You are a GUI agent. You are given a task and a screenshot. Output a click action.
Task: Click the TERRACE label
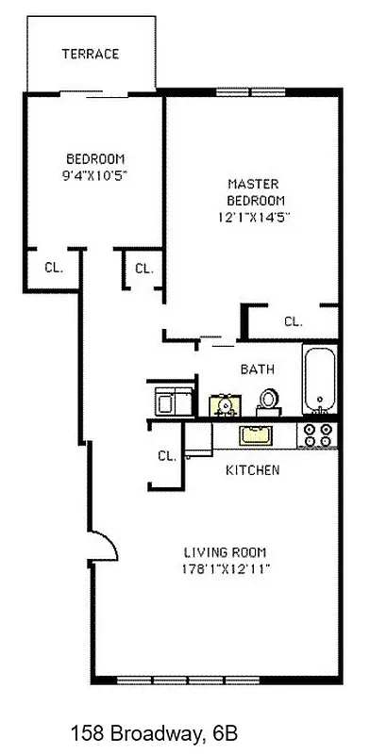tap(91, 54)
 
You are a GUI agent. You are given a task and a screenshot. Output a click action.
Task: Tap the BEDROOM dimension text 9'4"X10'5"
tap(94, 174)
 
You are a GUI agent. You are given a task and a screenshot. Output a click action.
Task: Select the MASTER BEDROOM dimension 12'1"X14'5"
tap(251, 216)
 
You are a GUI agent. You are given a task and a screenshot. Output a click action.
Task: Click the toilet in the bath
tap(270, 400)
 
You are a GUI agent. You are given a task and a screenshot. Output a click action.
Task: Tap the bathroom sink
tap(226, 404)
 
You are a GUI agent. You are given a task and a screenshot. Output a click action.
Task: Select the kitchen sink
tap(254, 435)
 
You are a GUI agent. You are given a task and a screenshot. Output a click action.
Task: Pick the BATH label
tap(257, 369)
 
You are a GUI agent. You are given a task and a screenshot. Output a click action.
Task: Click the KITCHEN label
tap(251, 469)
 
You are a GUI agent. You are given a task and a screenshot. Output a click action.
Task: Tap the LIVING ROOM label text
tap(225, 552)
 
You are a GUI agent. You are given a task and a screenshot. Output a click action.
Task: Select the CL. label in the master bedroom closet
tap(294, 321)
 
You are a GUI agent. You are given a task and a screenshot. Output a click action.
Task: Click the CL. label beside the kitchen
tap(167, 455)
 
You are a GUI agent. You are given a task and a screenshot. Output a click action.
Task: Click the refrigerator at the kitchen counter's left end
tap(197, 439)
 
